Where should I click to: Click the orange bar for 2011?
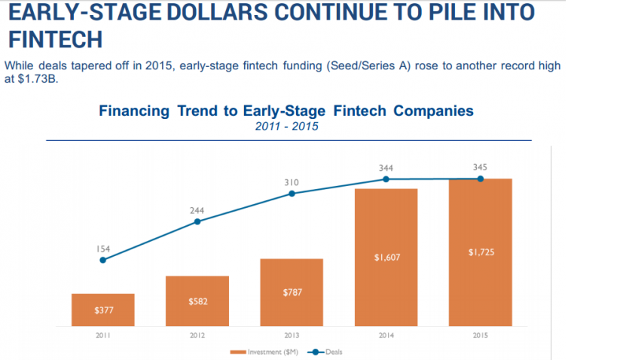(x=102, y=310)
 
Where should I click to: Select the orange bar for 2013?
(x=292, y=292)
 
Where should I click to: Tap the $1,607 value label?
(x=387, y=258)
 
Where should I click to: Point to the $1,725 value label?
(x=481, y=252)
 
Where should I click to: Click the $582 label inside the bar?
(x=198, y=302)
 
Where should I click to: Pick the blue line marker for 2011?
(x=102, y=260)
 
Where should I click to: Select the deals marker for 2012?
(x=197, y=222)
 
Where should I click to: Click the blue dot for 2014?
(x=386, y=179)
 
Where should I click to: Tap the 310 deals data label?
(x=292, y=182)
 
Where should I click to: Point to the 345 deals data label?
(x=480, y=167)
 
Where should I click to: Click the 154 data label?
(x=103, y=249)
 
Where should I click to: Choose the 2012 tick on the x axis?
(x=197, y=336)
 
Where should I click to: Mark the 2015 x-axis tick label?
(x=480, y=336)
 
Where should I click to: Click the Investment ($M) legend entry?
(x=264, y=352)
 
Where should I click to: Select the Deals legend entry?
(x=325, y=352)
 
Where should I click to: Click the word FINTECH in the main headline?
(x=56, y=39)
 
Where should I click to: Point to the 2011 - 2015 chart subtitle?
(x=286, y=127)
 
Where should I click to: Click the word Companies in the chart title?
(x=433, y=111)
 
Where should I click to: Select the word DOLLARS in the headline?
(x=217, y=12)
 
